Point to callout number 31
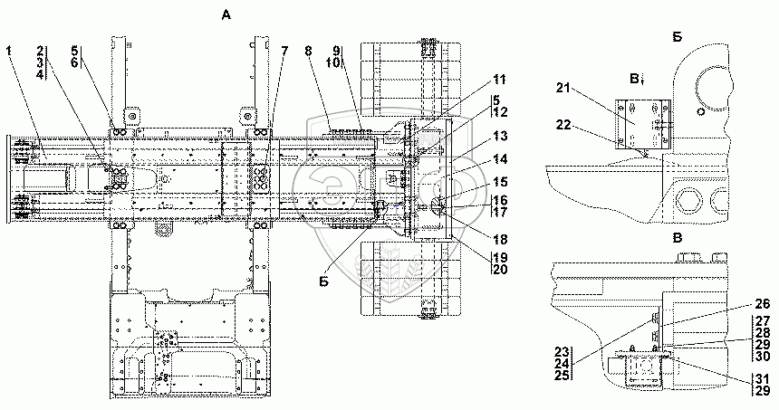(761, 377)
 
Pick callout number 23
(561, 353)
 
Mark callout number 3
(41, 63)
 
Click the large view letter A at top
(224, 14)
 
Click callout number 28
(761, 333)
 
